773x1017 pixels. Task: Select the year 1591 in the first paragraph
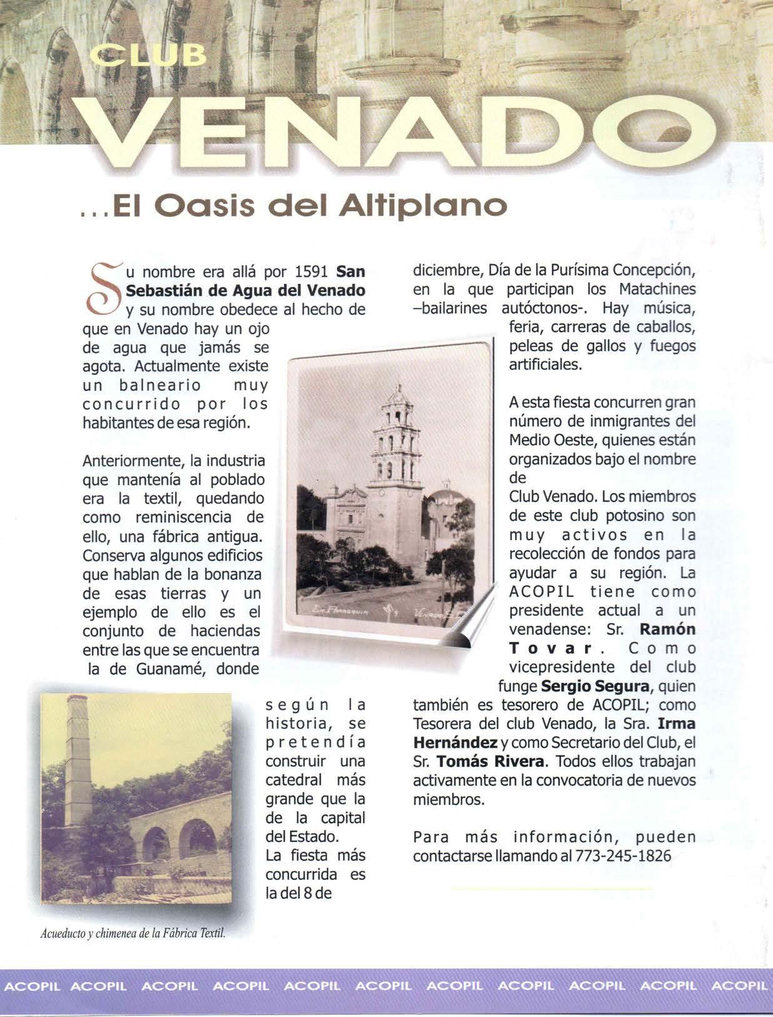tap(311, 273)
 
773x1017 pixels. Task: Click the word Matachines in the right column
tap(657, 291)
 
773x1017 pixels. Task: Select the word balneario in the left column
tap(155, 385)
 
